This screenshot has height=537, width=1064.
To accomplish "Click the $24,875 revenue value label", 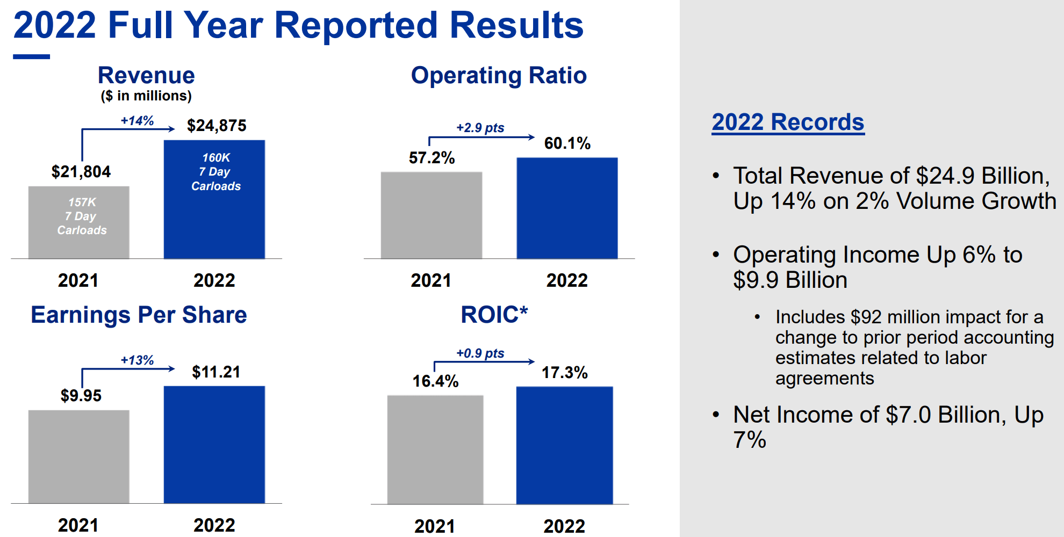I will coord(217,126).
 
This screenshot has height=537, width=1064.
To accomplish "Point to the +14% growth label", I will coord(137,121).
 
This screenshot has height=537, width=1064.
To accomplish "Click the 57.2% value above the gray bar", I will coord(432,158).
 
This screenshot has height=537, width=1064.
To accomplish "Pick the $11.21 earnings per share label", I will coord(216,372).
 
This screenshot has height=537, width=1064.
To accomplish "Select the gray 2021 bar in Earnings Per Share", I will coord(78,456).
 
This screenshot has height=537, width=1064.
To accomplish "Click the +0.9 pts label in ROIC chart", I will coord(480,353).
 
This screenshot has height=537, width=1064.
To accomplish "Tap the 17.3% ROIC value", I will coord(564,373).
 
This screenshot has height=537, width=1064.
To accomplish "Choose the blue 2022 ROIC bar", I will coord(564,446).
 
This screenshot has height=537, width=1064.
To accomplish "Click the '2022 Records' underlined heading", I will coord(788,122).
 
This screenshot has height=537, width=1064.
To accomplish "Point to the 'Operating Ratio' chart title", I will coord(499,76).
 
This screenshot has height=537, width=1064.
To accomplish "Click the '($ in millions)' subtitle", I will coord(146,96).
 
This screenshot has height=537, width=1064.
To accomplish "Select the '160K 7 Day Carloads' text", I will coord(216,172).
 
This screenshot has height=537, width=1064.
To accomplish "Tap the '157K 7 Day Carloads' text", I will coord(82,216).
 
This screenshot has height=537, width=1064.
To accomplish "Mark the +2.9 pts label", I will coord(480,128).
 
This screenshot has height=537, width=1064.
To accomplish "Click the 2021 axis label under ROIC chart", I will coord(434,526).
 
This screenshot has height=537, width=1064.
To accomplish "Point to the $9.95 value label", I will coord(81,396).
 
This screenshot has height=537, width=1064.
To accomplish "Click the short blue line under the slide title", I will coord(31,56).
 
